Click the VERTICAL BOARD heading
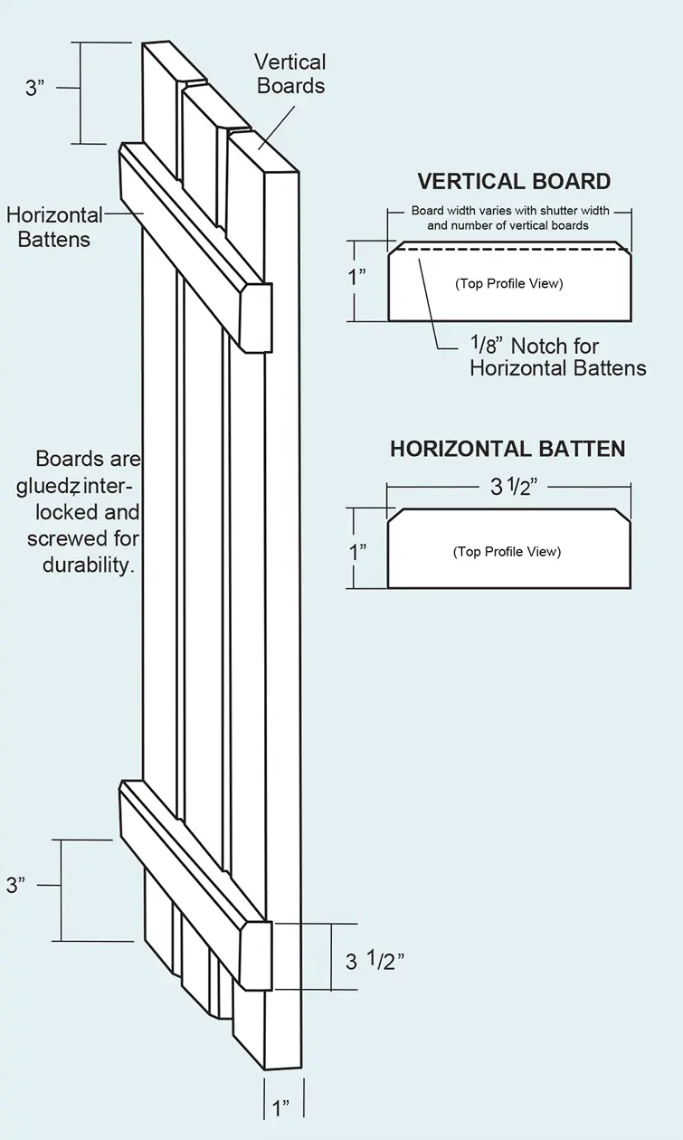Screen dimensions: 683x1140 (514, 182)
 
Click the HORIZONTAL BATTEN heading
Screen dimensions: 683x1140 (508, 449)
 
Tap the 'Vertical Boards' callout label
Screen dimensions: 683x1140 (290, 74)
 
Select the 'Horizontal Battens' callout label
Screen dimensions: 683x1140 (54, 227)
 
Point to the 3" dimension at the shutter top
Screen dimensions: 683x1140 (35, 88)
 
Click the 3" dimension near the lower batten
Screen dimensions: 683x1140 (15, 885)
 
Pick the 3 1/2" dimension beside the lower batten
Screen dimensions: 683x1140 (375, 960)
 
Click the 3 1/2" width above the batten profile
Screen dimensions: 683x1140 (513, 487)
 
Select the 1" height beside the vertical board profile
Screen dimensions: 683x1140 (356, 278)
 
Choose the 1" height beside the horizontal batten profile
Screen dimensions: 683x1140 (357, 552)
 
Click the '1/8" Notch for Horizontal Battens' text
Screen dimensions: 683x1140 (558, 356)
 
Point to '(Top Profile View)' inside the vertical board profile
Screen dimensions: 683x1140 (509, 283)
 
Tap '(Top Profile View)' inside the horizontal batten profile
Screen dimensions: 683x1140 (507, 552)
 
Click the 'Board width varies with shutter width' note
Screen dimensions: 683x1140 (510, 210)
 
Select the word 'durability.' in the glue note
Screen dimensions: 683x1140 (89, 565)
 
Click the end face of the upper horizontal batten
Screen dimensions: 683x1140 (255, 318)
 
